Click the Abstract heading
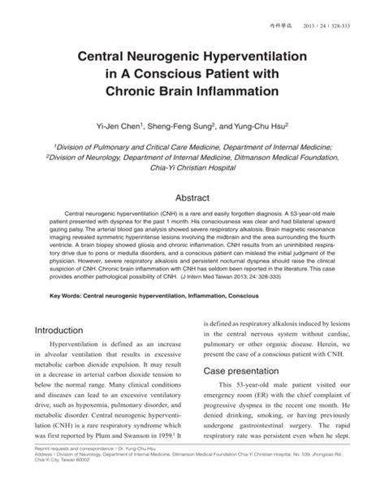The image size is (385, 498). click(192, 197)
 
